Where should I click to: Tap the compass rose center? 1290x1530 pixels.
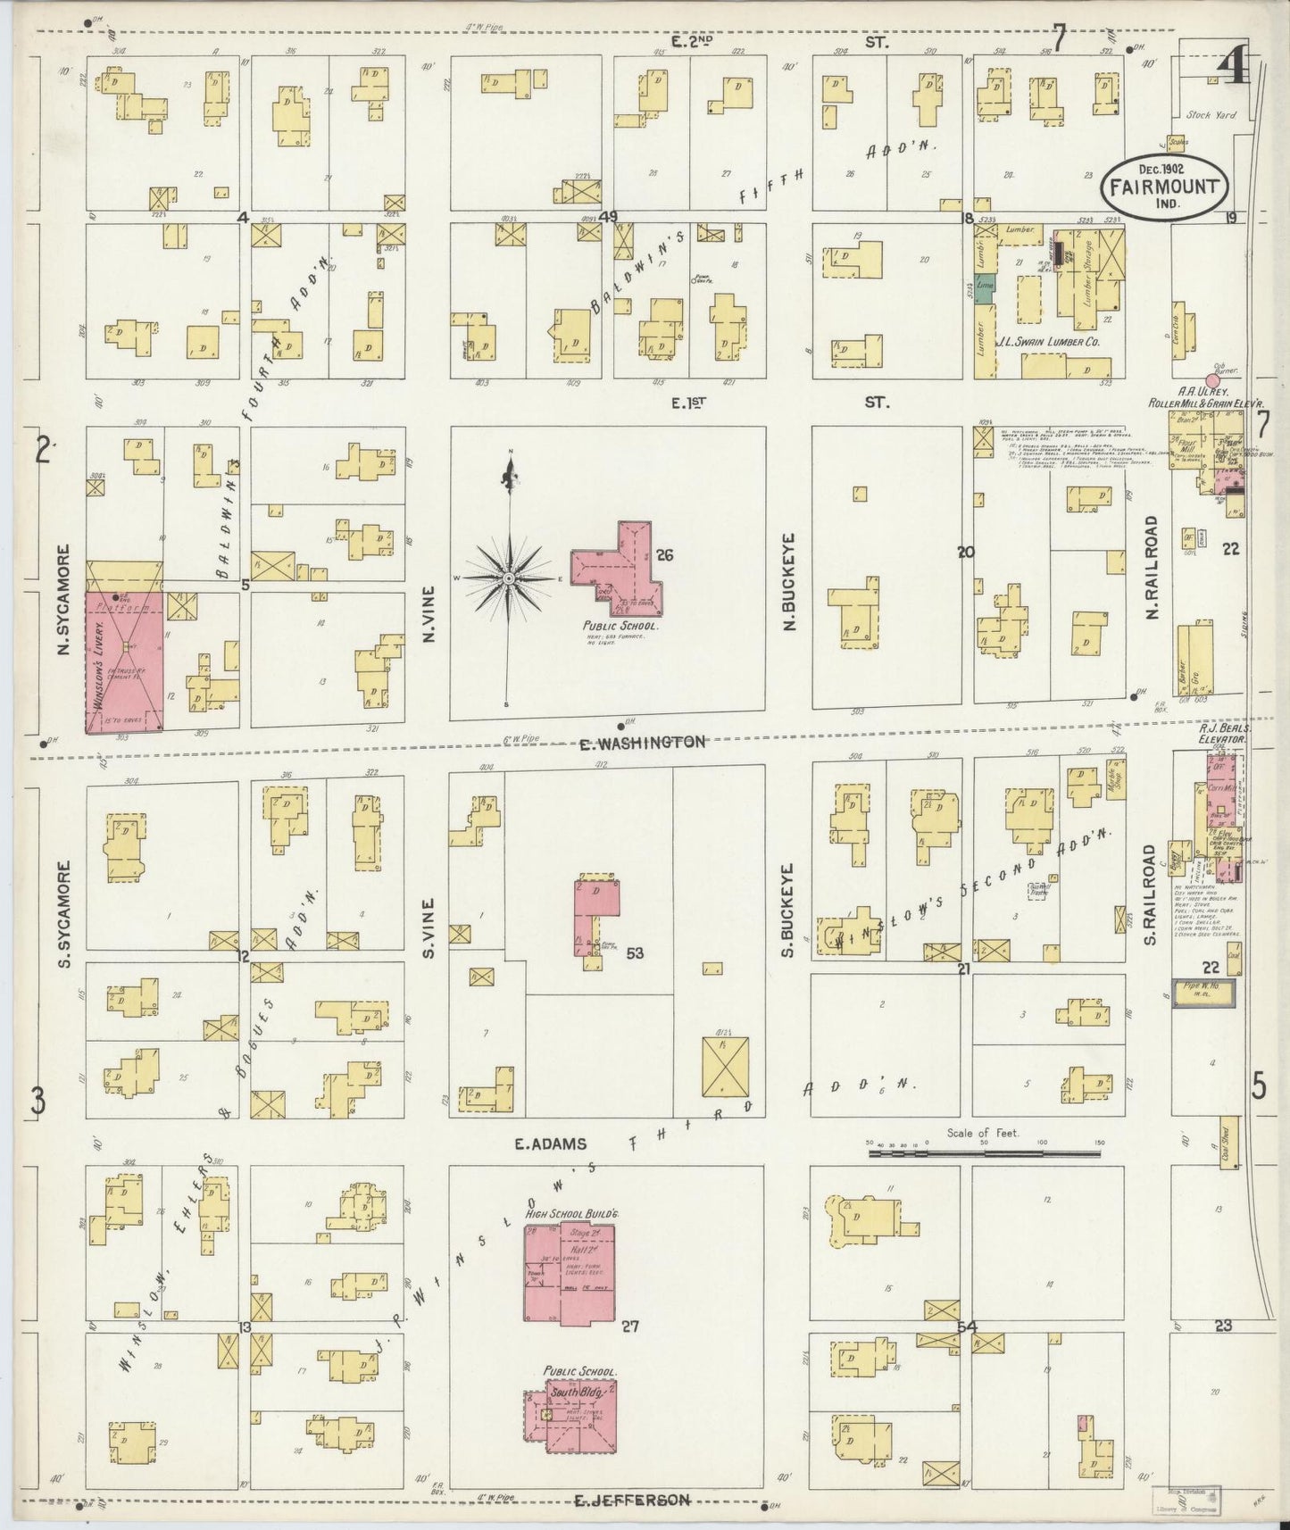click(508, 579)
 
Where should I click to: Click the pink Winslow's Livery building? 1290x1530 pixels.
click(125, 662)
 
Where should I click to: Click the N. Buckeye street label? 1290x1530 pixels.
click(790, 575)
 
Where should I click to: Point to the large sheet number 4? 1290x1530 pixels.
click(1233, 69)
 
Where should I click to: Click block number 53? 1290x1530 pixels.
click(635, 953)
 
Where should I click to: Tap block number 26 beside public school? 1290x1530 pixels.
click(664, 555)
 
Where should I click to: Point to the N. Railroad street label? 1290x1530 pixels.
click(1152, 568)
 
